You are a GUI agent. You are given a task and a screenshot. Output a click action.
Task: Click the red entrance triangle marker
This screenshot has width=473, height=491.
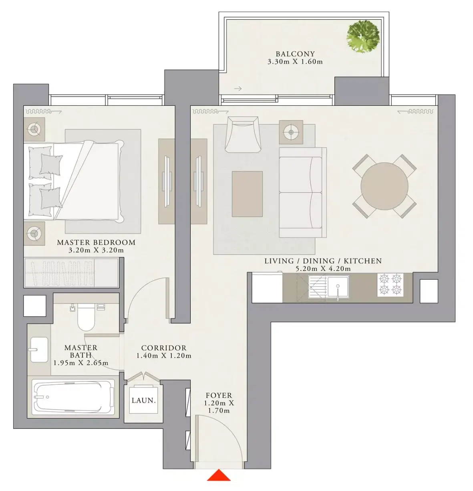(219, 475)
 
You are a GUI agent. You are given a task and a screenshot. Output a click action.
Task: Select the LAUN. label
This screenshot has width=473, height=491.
(143, 400)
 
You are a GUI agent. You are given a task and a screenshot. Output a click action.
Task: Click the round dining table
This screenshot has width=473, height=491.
(384, 186)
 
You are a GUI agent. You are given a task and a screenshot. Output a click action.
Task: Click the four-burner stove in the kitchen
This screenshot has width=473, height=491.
(390, 285)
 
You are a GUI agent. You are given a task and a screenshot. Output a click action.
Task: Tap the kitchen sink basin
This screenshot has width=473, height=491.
(338, 286)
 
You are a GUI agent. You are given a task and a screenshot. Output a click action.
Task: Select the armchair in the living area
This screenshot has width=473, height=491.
(243, 134)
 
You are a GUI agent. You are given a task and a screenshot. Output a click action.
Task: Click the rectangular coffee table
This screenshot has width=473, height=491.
(248, 194)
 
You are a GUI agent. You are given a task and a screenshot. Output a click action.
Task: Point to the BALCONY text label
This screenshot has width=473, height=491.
(295, 54)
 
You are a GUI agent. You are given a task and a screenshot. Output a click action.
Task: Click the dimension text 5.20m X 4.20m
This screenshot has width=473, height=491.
(323, 269)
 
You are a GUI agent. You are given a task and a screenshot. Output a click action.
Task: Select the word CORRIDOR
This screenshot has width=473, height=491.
(164, 348)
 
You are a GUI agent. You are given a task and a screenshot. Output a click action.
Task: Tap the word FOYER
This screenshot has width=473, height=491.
(219, 395)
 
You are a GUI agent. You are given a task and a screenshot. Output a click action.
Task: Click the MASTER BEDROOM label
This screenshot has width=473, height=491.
(96, 242)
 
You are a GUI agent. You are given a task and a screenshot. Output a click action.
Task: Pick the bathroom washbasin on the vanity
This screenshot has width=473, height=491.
(39, 350)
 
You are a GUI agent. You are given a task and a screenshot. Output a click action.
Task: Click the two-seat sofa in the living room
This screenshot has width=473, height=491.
(303, 192)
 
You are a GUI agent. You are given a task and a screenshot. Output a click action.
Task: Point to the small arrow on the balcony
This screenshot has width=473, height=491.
(238, 89)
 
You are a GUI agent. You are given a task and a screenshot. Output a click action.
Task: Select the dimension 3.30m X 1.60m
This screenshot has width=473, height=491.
(295, 62)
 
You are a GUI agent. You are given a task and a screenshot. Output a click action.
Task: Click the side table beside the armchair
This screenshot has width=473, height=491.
(291, 132)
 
